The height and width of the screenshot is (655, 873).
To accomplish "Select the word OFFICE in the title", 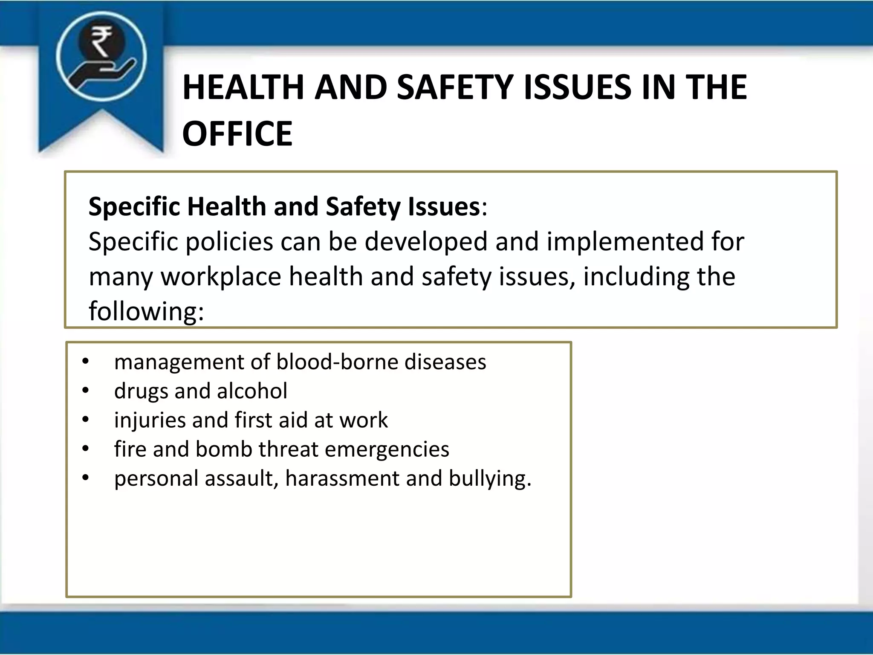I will [237, 133].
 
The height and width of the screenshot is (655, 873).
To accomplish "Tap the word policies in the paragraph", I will [229, 242].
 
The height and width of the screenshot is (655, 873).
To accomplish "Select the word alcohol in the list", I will [252, 391].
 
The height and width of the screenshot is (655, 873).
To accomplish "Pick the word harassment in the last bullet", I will [342, 478].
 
